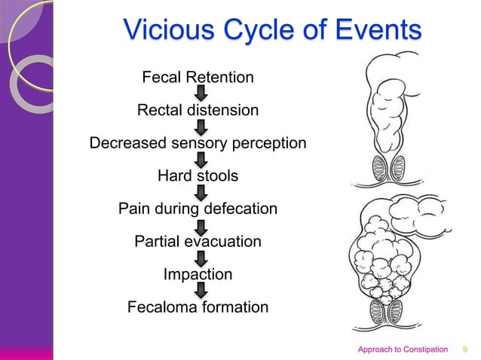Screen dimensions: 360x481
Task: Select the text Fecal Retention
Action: point(198,78)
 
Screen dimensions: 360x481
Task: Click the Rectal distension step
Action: point(198,111)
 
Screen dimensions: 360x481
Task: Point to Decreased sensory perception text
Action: point(198,143)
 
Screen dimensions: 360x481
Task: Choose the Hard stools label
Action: point(198,176)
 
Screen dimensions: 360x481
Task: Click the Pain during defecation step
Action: point(198,209)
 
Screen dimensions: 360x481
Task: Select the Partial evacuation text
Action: point(198,242)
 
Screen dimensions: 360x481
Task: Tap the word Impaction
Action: point(198,275)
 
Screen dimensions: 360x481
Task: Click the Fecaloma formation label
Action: point(198,307)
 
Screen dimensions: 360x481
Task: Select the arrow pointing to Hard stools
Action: point(201,160)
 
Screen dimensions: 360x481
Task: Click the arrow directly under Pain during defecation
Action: point(201,225)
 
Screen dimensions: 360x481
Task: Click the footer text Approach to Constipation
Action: point(403,349)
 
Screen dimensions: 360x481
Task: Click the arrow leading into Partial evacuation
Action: point(201,225)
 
